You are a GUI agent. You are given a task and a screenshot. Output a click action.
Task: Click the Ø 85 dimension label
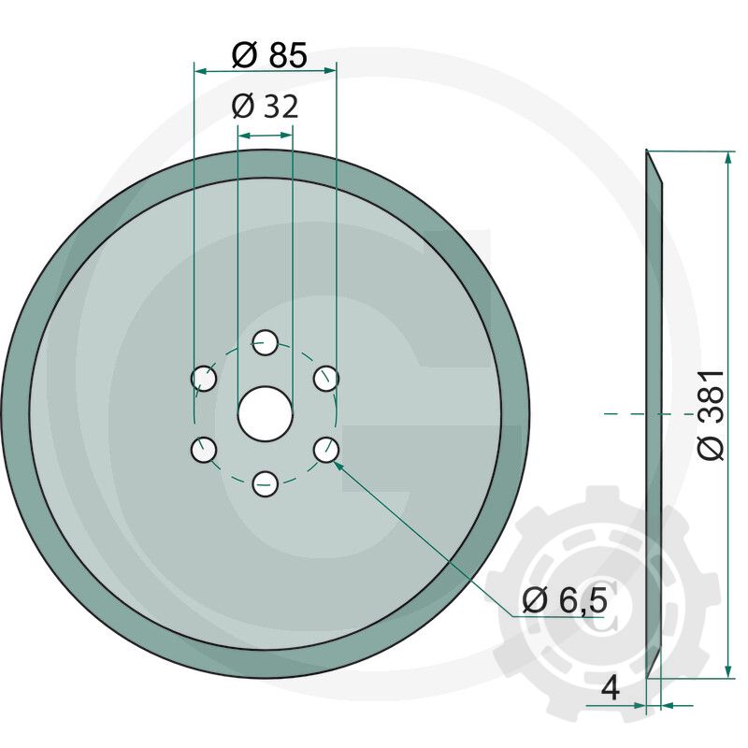[x=268, y=56]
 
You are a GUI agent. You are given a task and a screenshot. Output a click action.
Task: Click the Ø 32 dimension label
[x=265, y=107]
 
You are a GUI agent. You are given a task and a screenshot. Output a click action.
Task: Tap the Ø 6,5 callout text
[x=565, y=600]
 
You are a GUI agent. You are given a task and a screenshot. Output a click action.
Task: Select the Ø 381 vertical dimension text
[x=711, y=414]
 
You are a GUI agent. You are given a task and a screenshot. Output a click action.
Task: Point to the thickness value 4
[x=611, y=690]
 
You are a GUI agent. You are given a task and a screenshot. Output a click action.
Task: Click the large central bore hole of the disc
[x=266, y=413]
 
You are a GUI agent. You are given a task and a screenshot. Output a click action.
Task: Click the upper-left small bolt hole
[x=204, y=379]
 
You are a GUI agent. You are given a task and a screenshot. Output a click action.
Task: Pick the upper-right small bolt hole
[x=325, y=379]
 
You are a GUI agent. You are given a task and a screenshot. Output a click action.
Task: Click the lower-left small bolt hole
[x=204, y=450]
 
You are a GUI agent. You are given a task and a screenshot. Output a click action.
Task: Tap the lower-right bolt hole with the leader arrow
[x=325, y=450]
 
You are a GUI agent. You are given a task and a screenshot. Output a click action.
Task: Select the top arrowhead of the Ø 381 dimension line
[x=727, y=157]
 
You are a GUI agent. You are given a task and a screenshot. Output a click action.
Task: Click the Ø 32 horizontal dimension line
[x=266, y=136]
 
